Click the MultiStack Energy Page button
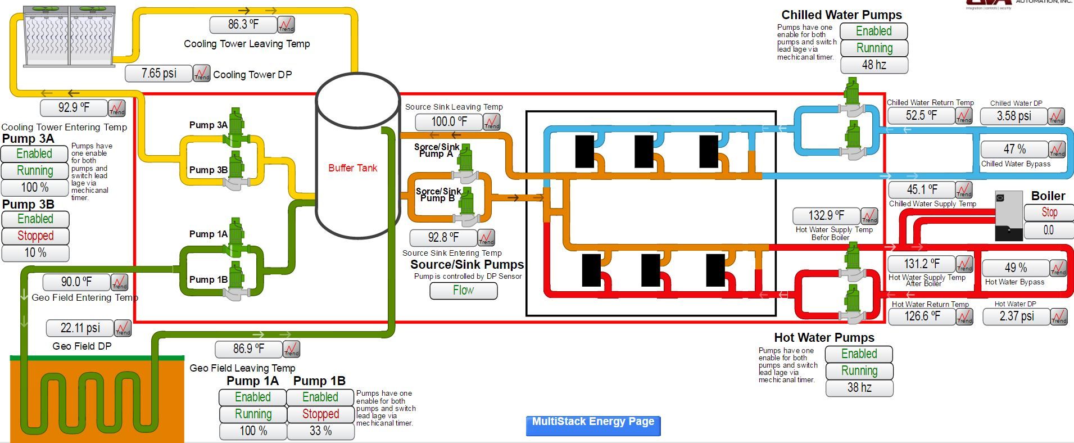593,425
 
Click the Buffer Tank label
352,168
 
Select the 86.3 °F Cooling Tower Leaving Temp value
243,25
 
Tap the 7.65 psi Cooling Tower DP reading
158,74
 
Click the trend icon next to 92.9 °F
117,108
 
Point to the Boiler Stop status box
1049,213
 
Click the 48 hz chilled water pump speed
874,65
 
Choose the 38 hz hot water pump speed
859,388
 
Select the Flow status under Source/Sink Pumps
463,291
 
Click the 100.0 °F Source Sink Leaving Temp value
448,122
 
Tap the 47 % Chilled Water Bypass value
1014,150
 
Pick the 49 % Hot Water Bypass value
1015,268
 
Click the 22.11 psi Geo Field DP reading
80,328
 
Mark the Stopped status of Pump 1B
320,414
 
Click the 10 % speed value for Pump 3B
35,253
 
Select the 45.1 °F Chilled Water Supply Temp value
922,190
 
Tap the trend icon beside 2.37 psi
1059,317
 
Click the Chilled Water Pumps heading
841,15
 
